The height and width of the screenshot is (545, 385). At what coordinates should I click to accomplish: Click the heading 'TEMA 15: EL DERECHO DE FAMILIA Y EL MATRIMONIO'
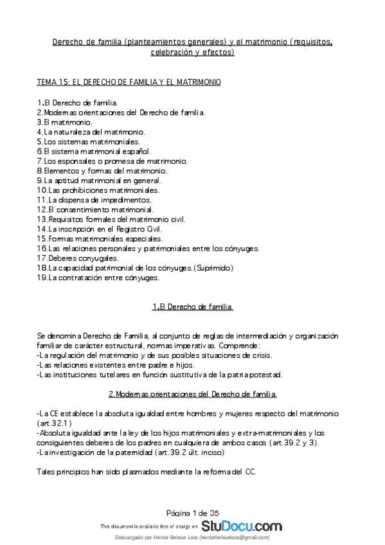point(129,82)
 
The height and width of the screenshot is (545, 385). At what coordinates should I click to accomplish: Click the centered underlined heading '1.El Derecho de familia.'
point(193,307)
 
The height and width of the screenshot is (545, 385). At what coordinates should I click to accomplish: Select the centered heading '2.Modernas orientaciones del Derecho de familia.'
point(193,393)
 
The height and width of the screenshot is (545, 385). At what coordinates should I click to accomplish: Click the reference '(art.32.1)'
point(54,424)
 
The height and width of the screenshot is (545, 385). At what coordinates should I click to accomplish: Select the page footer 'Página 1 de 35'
point(193,512)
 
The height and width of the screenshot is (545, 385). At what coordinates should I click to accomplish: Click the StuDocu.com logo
point(241,526)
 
